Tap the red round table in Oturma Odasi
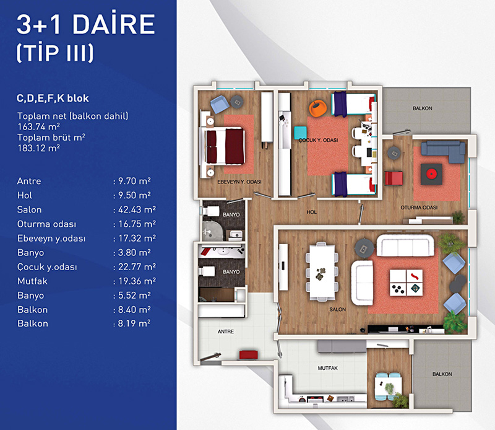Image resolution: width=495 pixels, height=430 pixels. (431, 173)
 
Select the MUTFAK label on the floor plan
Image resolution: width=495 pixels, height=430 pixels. (328, 368)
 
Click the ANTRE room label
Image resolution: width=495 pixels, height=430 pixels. (226, 331)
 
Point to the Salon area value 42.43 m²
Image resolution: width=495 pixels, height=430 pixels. (137, 209)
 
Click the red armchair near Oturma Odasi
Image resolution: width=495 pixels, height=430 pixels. (394, 178)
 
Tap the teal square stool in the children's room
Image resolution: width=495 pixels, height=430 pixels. (300, 133)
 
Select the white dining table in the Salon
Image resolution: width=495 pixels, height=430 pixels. (322, 271)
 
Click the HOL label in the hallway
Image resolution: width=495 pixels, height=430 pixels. (312, 212)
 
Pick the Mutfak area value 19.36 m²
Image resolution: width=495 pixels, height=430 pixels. (137, 281)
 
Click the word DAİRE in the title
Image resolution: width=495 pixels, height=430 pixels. (114, 24)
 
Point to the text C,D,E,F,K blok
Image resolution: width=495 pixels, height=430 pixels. (53, 99)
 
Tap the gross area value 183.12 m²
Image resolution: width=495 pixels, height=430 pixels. (39, 148)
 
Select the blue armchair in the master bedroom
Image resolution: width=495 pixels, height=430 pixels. (219, 104)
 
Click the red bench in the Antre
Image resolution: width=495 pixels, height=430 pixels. (249, 355)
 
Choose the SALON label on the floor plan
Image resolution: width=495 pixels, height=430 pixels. (337, 310)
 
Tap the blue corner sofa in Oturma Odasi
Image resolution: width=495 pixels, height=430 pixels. (443, 151)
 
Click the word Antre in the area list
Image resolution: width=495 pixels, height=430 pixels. (29, 181)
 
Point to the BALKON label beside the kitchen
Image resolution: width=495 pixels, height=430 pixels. (442, 374)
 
